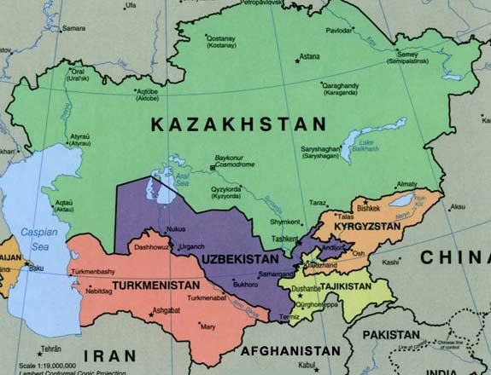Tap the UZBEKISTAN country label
240,258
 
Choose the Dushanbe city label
304,289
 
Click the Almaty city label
406,183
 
